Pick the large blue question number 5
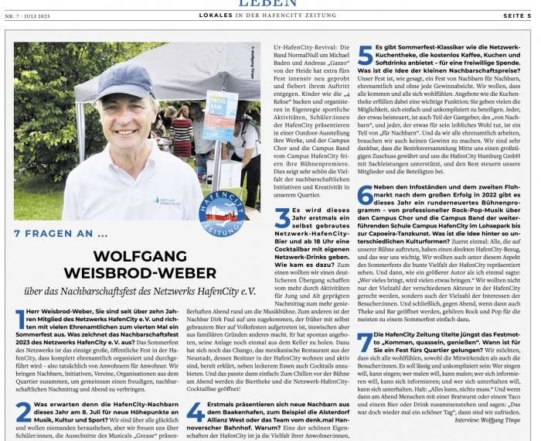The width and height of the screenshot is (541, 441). tap(365, 56)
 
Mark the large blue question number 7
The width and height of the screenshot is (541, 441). tap(364, 342)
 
